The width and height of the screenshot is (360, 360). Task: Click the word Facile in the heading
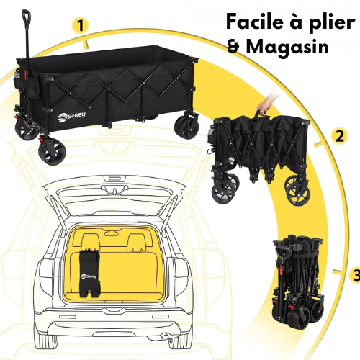(255, 22)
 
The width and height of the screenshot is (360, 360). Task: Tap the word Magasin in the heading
(287, 48)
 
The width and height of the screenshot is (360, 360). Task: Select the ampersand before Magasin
(233, 47)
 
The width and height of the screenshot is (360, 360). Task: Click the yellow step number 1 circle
(81, 26)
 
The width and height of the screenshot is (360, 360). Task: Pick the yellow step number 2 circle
(339, 137)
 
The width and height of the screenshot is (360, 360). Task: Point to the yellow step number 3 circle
(355, 274)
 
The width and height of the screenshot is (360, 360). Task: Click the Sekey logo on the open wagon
(71, 117)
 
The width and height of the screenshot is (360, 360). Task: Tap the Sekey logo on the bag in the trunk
(89, 276)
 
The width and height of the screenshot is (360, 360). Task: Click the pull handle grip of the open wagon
(26, 17)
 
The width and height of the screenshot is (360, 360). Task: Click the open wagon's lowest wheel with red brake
(52, 151)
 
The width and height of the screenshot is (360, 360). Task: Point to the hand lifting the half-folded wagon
(266, 107)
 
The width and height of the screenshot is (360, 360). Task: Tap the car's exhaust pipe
(165, 337)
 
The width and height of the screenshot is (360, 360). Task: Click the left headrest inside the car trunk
(90, 241)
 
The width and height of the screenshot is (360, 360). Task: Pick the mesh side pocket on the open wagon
(17, 76)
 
